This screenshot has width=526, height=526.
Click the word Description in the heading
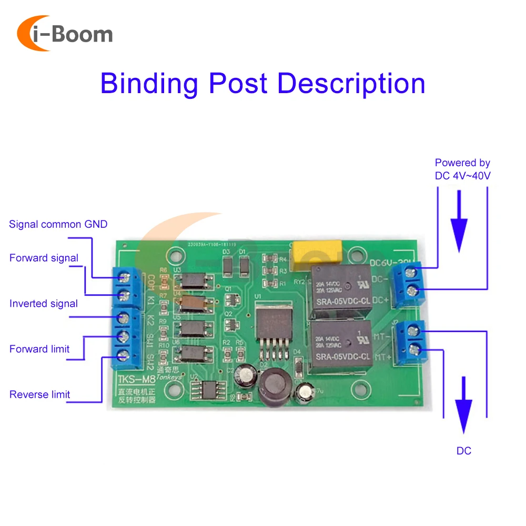click(351, 84)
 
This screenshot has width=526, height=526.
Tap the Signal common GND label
click(58, 225)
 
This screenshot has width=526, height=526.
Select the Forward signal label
click(44, 258)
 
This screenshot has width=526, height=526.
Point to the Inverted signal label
click(44, 304)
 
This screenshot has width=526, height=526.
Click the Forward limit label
click(39, 349)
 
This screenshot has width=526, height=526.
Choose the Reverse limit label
click(39, 394)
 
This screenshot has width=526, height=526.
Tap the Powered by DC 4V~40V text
click(462, 169)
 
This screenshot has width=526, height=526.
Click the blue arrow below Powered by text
click(460, 220)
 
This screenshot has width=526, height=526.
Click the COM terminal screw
click(125, 277)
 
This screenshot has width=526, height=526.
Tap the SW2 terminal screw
click(125, 356)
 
